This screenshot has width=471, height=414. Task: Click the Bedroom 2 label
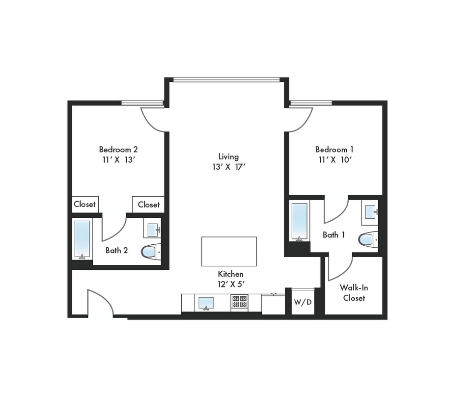(x=118, y=149)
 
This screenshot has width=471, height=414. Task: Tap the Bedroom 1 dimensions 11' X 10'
(x=334, y=159)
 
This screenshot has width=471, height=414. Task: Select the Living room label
(x=228, y=156)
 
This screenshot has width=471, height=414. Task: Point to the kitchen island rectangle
(x=229, y=251)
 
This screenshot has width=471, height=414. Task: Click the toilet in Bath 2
(x=149, y=252)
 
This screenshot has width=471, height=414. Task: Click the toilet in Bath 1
(x=367, y=239)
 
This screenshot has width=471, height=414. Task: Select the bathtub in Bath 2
(x=82, y=239)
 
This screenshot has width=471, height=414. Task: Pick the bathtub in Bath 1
(x=299, y=221)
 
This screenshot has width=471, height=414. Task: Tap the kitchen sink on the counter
(x=206, y=302)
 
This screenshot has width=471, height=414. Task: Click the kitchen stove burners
(x=239, y=302)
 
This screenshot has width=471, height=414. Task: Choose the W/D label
(x=303, y=302)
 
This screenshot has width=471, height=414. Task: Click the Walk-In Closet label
(x=354, y=293)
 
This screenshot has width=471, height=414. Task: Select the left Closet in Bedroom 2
(x=84, y=204)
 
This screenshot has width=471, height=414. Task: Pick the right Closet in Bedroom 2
(x=148, y=205)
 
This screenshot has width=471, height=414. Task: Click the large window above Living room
(x=226, y=79)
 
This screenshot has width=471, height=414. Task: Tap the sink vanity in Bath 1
(x=370, y=212)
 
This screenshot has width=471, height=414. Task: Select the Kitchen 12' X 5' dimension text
(x=230, y=284)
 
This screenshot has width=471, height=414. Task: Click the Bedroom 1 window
(x=311, y=103)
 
